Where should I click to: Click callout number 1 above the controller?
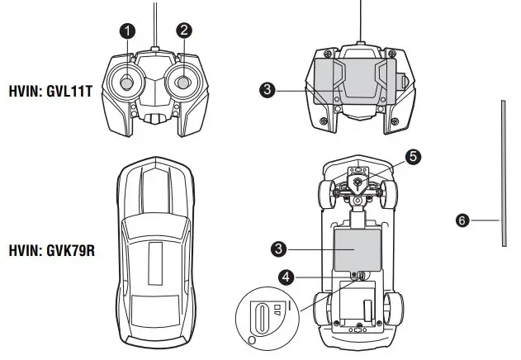pos(126,31)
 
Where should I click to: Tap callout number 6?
pos(462,220)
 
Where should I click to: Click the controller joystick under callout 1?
pos(128,83)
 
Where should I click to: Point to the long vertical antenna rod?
pos(501,173)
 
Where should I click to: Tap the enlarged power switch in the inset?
pos(262,317)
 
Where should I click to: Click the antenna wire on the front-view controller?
pos(155,25)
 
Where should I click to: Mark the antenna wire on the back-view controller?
pos(359,21)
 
